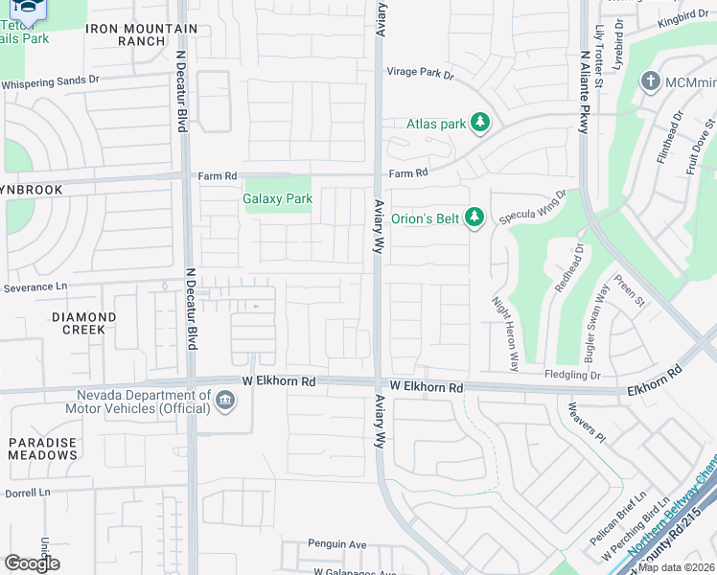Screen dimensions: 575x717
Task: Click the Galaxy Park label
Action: tap(279, 198)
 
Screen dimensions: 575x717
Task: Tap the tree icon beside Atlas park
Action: tap(481, 123)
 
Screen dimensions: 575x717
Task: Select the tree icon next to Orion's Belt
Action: tap(474, 217)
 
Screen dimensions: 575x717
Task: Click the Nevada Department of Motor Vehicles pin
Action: tap(225, 402)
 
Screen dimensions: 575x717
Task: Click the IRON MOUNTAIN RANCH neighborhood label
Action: tap(141, 35)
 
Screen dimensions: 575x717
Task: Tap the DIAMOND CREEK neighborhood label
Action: tap(83, 323)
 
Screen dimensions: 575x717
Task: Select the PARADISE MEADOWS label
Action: tap(43, 448)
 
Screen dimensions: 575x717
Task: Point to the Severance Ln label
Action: tap(37, 287)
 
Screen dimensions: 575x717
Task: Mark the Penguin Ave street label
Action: tap(336, 544)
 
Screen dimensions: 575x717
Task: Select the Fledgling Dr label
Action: tap(571, 375)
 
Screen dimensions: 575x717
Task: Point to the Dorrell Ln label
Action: tap(26, 494)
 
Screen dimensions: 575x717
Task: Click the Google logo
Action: tap(32, 563)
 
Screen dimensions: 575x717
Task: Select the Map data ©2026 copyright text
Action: tap(675, 567)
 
